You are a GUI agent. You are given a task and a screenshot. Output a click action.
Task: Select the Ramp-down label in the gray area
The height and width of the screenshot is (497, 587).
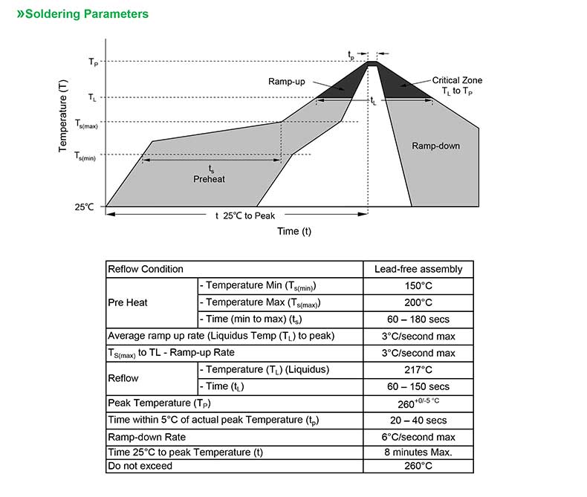pyautogui.click(x=435, y=146)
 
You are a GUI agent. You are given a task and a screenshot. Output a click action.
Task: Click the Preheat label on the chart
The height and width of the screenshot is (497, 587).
pyautogui.click(x=209, y=179)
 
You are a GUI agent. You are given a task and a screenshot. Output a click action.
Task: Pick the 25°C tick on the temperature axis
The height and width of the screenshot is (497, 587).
pyautogui.click(x=84, y=207)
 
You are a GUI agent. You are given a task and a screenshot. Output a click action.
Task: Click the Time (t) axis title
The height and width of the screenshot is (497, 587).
pyautogui.click(x=294, y=231)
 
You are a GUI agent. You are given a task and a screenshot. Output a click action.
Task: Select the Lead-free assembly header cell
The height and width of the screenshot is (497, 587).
pyautogui.click(x=418, y=269)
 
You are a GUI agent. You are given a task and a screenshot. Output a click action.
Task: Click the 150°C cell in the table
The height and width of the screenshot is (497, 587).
pyautogui.click(x=418, y=286)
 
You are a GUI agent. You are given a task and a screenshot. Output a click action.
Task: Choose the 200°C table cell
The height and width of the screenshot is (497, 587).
pyautogui.click(x=418, y=302)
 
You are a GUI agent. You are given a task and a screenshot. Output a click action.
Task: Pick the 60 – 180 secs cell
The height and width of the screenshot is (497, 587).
pyautogui.click(x=418, y=319)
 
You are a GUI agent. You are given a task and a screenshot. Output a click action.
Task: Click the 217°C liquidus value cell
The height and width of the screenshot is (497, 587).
pyautogui.click(x=418, y=369)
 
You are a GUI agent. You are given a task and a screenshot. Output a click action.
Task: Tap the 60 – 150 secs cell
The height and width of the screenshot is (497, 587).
pyautogui.click(x=418, y=386)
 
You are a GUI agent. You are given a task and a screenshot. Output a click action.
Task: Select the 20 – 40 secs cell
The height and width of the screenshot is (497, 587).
pyautogui.click(x=418, y=420)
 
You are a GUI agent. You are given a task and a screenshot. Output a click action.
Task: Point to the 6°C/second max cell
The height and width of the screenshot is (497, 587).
pyautogui.click(x=418, y=437)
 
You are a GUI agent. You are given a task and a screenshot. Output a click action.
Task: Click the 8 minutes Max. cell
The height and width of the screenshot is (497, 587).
pyautogui.click(x=418, y=452)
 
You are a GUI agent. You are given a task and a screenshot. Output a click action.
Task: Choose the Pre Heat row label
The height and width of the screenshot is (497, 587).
pyautogui.click(x=128, y=302)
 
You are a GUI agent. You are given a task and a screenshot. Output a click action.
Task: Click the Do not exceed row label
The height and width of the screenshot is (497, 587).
pyautogui.click(x=140, y=466)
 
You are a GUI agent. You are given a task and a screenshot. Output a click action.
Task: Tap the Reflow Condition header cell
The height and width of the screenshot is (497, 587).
pyautogui.click(x=146, y=269)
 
